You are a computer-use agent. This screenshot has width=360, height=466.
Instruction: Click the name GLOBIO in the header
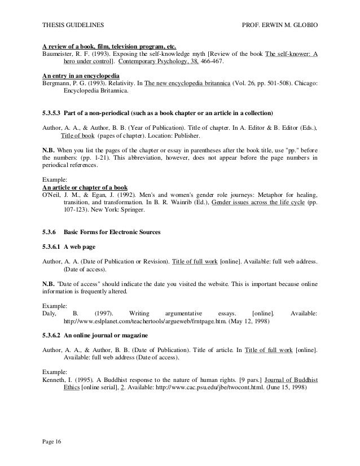(x=303, y=26)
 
